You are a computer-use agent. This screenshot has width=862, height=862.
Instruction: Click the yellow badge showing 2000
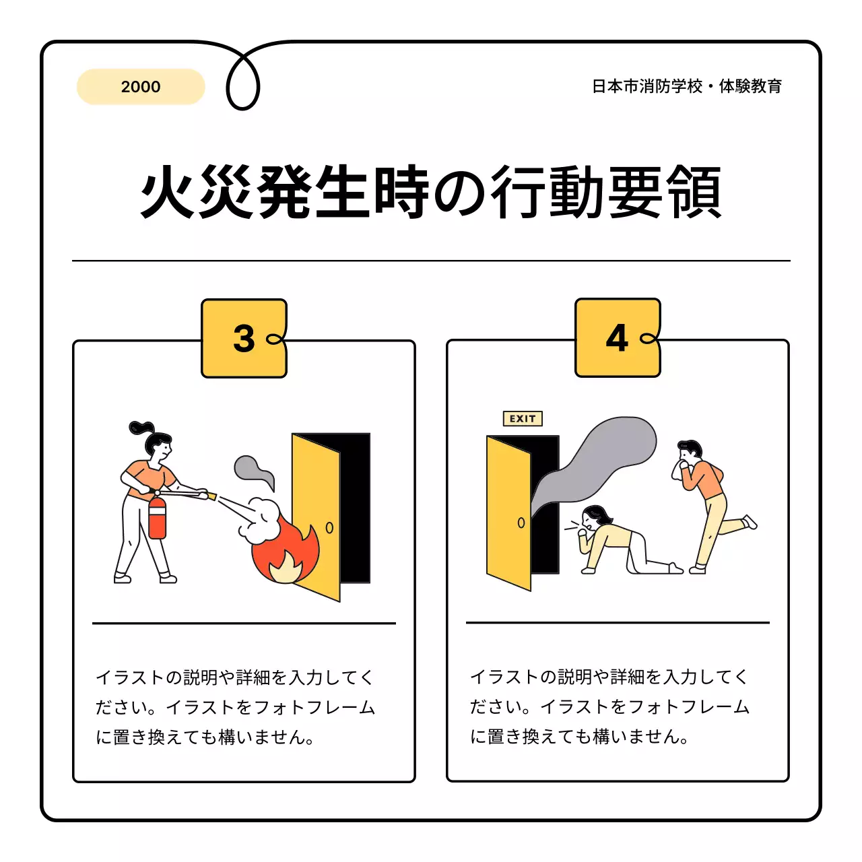141,87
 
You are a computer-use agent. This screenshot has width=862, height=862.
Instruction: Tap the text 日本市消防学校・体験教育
686,86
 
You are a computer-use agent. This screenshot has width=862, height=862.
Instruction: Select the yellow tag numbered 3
244,338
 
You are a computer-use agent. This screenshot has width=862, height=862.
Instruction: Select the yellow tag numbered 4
618,338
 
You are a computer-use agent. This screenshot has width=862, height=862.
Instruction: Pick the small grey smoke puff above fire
253,470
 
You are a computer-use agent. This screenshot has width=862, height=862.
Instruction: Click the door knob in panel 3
329,527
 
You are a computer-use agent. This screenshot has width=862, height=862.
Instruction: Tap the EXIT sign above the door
523,419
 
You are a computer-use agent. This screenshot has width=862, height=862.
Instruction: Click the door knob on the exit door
521,523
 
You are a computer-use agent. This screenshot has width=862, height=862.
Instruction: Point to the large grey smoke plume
599,458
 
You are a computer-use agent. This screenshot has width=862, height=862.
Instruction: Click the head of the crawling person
594,518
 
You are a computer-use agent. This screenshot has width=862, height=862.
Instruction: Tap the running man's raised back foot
750,522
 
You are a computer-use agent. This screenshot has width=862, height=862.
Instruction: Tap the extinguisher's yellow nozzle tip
211,497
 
